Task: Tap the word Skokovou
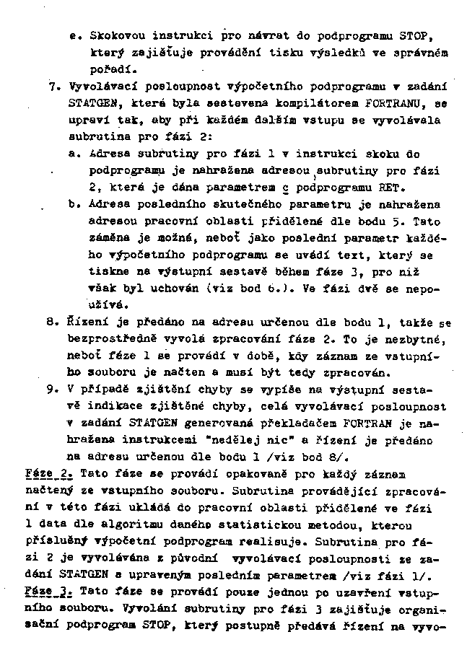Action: coord(116,35)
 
